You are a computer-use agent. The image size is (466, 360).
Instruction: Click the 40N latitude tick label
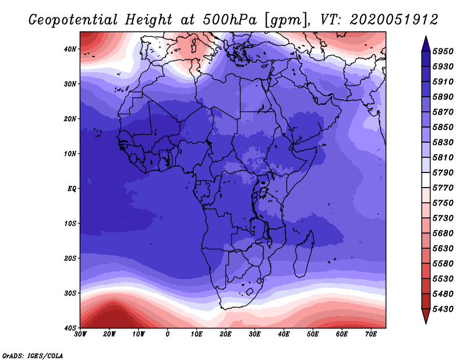pos(70,49)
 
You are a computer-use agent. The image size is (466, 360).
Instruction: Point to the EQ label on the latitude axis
pos(72,189)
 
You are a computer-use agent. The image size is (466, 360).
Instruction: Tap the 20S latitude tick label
pos(70,258)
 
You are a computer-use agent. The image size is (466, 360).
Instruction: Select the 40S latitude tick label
pos(70,328)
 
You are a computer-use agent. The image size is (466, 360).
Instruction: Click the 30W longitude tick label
pos(80,334)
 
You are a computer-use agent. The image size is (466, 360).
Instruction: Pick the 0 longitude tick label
pos(168,334)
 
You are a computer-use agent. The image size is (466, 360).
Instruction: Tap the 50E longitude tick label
pos(313,334)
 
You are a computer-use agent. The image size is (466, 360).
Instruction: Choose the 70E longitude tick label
pos(371,334)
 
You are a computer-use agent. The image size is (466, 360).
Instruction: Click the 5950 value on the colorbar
pos(443,51)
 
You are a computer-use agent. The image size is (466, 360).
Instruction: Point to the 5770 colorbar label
pos(443,188)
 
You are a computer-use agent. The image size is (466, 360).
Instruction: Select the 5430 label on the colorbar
pos(443,309)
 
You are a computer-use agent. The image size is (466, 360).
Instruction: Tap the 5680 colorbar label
pos(443,234)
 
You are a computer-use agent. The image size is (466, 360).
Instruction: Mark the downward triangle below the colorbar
pos(426,315)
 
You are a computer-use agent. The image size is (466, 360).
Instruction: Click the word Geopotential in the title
pos(73,20)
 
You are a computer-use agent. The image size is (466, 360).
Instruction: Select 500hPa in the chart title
pos(230,20)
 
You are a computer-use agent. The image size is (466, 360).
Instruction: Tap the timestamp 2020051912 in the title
pos(394,20)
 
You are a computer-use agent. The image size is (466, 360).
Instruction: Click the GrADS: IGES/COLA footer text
pos(33,355)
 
